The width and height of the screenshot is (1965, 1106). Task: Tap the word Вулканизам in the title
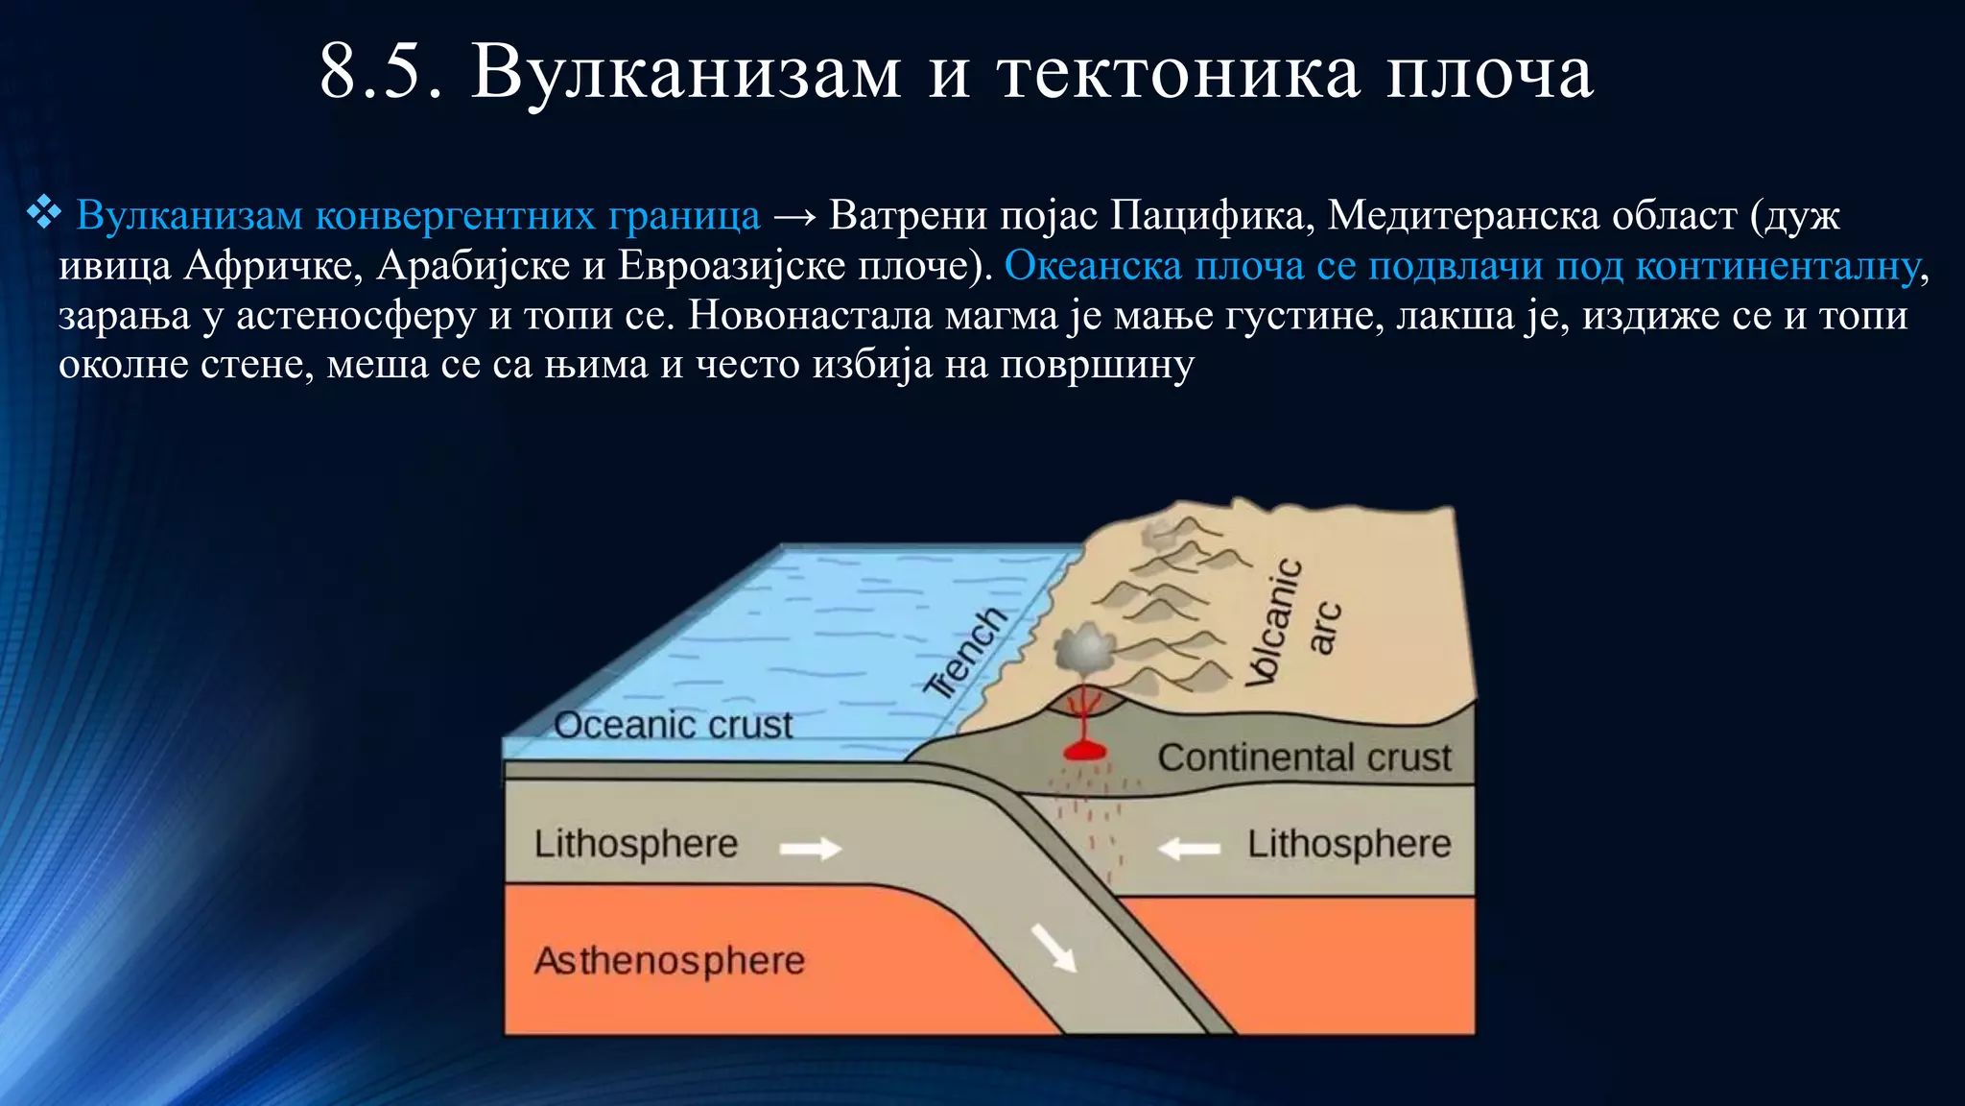click(686, 73)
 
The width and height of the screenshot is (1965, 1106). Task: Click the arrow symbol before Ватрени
click(793, 216)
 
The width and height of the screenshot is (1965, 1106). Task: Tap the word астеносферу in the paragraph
click(356, 316)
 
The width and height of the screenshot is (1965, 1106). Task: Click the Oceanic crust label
click(673, 725)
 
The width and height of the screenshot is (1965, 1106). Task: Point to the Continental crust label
click(1304, 757)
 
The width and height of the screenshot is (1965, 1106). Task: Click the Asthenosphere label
click(669, 960)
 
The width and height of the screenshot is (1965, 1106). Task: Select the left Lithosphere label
click(636, 844)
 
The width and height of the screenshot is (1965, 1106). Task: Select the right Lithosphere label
click(1348, 844)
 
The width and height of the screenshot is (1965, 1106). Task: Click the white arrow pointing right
click(811, 848)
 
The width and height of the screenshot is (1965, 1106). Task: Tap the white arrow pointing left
click(1189, 849)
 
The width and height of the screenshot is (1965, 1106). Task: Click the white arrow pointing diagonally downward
click(1054, 947)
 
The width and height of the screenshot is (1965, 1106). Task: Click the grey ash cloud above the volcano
click(1084, 649)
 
